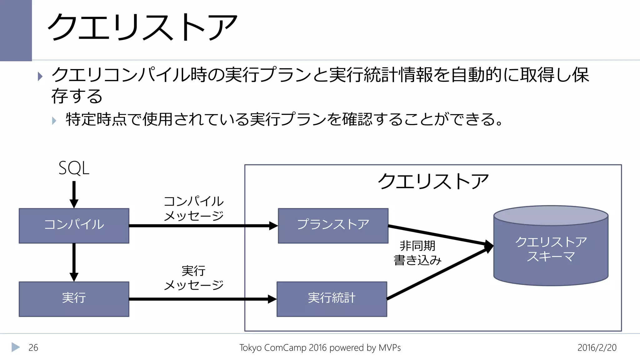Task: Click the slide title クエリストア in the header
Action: (142, 27)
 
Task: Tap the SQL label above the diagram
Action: (74, 168)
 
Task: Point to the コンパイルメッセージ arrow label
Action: (194, 208)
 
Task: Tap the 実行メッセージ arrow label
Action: (194, 278)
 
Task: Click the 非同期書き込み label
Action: (417, 253)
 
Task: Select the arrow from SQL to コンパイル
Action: (74, 194)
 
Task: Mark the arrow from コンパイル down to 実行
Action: (74, 262)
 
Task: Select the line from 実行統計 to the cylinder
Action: (437, 273)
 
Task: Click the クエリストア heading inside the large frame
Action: (433, 182)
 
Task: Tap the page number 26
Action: (33, 347)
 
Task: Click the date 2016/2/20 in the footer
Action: (597, 347)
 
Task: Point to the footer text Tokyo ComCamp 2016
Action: (320, 347)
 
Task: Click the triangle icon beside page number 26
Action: (16, 347)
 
